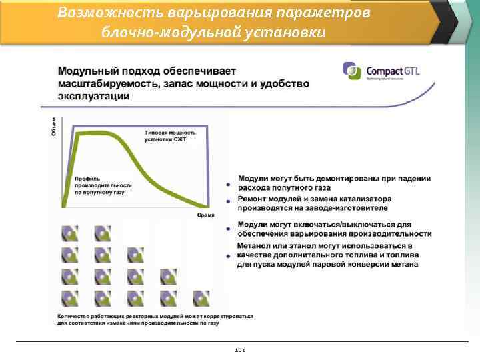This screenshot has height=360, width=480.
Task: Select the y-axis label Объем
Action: [x=54, y=126]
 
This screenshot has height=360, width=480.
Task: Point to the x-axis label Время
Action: [x=206, y=215]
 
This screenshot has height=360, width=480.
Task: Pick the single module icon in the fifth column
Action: [x=201, y=297]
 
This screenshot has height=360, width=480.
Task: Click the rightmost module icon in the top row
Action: [x=103, y=233]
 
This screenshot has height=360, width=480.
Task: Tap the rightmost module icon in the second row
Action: [x=103, y=255]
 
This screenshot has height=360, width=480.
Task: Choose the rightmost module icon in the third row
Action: [x=168, y=276]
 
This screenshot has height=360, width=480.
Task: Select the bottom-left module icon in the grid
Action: [x=70, y=297]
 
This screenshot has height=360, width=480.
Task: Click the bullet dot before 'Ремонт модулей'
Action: [x=229, y=201]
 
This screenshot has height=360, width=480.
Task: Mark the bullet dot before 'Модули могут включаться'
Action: [x=229, y=229]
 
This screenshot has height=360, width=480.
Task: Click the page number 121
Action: [x=240, y=350]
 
